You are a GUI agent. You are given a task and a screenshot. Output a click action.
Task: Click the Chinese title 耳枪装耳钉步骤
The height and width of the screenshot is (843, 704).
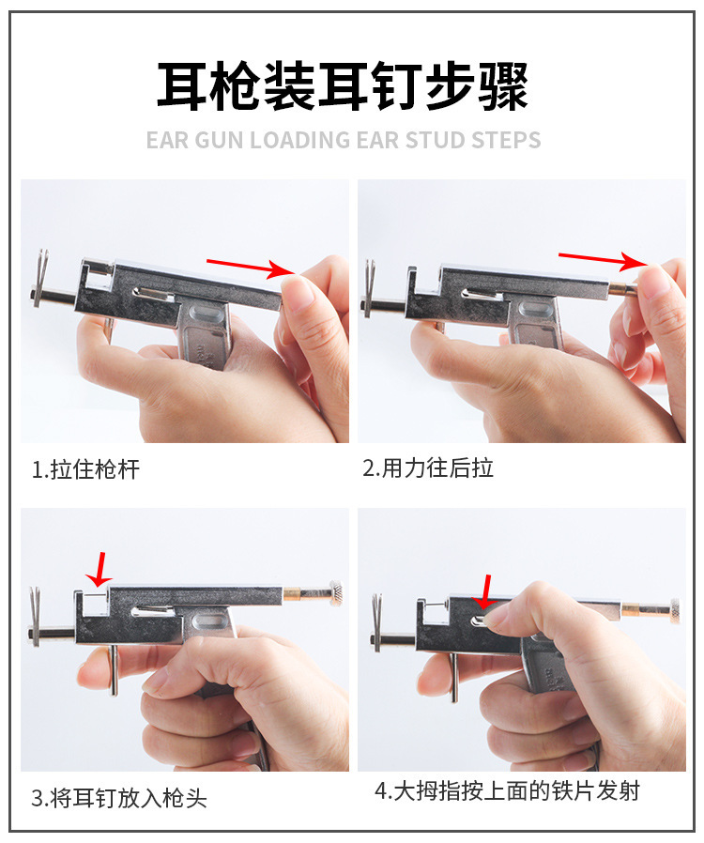tap(343, 86)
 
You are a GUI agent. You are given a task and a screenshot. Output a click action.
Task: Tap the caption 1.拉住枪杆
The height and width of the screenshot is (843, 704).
tap(85, 469)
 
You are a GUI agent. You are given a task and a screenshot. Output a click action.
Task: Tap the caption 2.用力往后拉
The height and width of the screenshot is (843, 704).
tap(428, 468)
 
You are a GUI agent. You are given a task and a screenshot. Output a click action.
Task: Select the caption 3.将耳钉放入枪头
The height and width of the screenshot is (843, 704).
tap(118, 798)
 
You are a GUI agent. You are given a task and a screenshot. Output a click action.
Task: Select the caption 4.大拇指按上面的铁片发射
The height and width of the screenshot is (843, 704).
tap(507, 791)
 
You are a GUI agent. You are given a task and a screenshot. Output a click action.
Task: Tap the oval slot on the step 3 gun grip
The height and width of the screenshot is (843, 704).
tap(209, 623)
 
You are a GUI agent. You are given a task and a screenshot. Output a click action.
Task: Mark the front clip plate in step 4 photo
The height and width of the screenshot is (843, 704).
tap(376, 621)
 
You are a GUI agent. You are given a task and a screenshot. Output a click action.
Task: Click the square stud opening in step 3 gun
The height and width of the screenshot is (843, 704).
tap(94, 604)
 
